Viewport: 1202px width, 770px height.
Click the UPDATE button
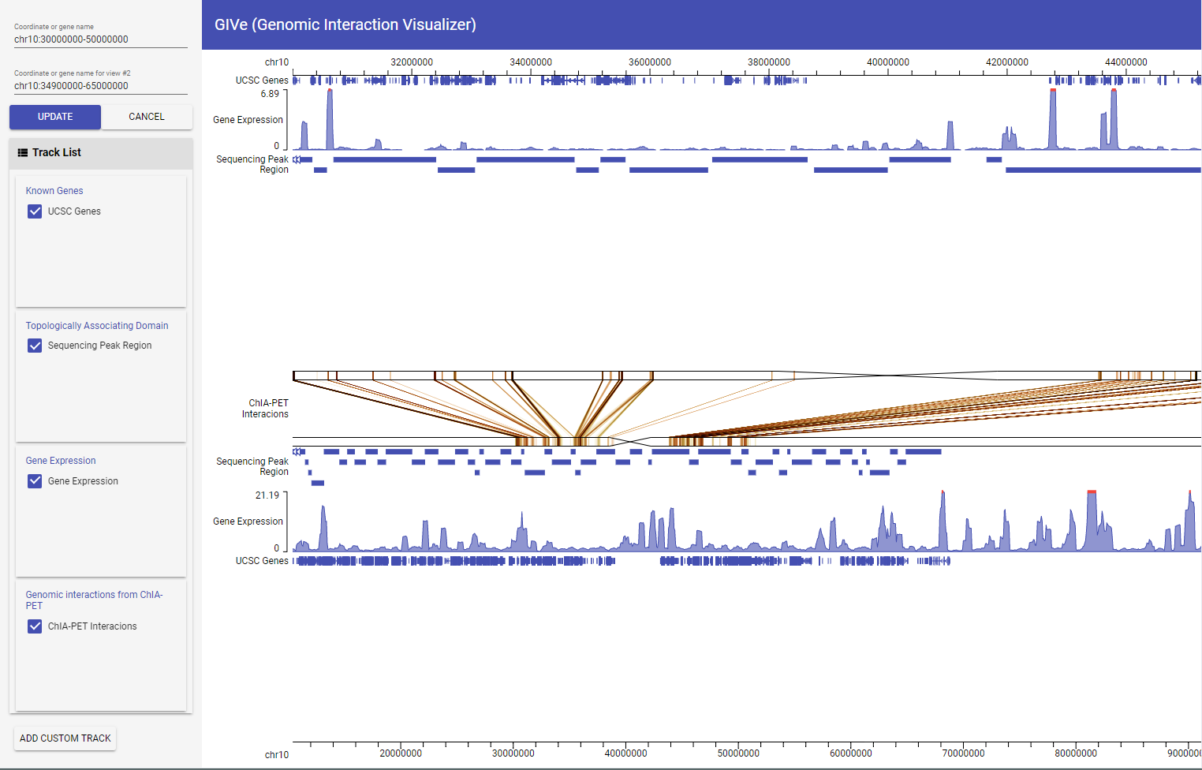pyautogui.click(x=55, y=117)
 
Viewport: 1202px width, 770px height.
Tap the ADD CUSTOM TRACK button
pyautogui.click(x=65, y=738)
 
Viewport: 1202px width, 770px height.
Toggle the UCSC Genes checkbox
pyautogui.click(x=35, y=211)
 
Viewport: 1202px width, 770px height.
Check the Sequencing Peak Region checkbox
pyautogui.click(x=35, y=346)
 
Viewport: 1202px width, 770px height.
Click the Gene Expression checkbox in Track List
pyautogui.click(x=35, y=481)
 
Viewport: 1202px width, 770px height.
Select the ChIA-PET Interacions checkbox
pyautogui.click(x=35, y=626)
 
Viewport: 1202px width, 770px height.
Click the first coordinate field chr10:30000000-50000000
pyautogui.click(x=100, y=39)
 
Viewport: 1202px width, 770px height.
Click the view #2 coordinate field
pyautogui.click(x=100, y=86)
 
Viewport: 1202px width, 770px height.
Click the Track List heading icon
pyautogui.click(x=23, y=153)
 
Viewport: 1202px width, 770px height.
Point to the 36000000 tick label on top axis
pyautogui.click(x=649, y=62)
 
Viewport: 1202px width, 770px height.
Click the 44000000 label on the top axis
pyautogui.click(x=1125, y=62)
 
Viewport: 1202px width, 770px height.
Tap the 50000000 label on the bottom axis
pyautogui.click(x=738, y=753)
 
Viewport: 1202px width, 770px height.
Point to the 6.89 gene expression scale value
pyautogui.click(x=270, y=94)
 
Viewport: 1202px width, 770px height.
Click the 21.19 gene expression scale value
pyautogui.click(x=267, y=495)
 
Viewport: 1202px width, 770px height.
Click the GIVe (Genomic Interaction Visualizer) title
pyautogui.click(x=345, y=24)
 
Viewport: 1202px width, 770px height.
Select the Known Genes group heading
pyautogui.click(x=54, y=191)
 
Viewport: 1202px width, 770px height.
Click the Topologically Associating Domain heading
pyautogui.click(x=97, y=326)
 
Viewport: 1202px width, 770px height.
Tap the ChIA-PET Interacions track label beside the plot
pyautogui.click(x=266, y=409)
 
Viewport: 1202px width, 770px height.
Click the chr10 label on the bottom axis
pyautogui.click(x=277, y=755)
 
